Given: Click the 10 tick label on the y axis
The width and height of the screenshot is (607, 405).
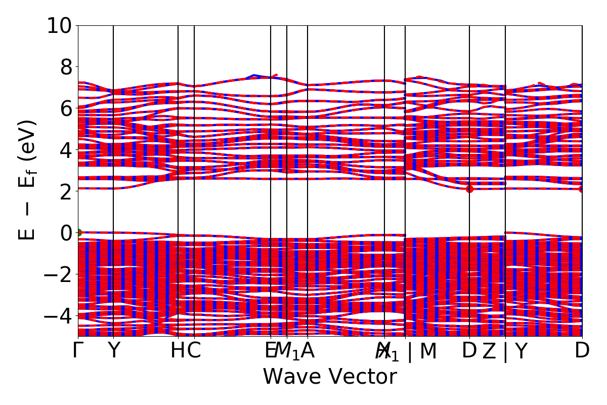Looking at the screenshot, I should click(59, 25).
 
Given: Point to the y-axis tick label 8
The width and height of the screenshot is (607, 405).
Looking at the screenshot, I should click(65, 67).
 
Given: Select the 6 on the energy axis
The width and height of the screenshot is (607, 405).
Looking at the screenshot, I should click(65, 108).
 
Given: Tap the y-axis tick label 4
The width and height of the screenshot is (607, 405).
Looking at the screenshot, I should click(65, 150).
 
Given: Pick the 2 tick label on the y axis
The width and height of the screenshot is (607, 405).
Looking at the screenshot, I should click(65, 191).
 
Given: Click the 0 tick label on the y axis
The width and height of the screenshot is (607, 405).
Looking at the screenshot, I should click(65, 233).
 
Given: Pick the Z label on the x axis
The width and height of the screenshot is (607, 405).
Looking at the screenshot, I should click(489, 351).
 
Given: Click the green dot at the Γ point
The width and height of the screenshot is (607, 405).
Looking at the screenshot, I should click(78, 233).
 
